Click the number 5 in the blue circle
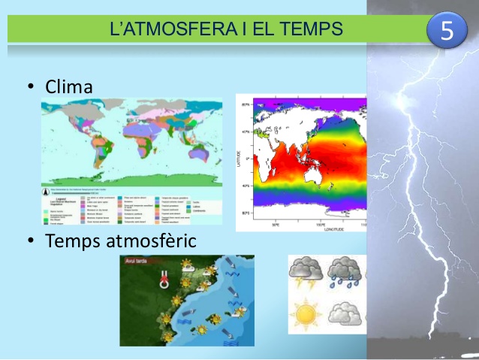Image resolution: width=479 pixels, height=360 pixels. [x=447, y=32]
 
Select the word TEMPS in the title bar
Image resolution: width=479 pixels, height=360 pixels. [x=310, y=29]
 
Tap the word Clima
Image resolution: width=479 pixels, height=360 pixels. [x=69, y=87]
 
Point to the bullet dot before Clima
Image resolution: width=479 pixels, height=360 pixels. [x=31, y=88]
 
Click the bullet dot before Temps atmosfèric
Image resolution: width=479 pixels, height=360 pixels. [x=31, y=241]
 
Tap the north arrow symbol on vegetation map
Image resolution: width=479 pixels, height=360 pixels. [x=50, y=180]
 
